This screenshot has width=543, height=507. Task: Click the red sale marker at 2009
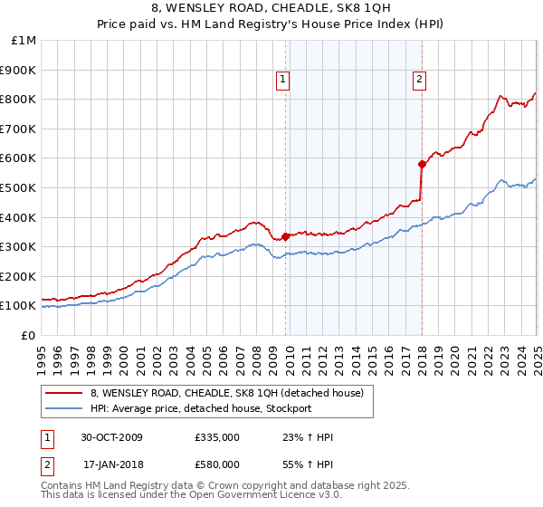[286, 236]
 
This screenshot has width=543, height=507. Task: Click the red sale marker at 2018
[422, 164]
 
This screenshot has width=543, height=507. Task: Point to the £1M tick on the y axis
[24, 40]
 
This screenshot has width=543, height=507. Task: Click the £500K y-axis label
[20, 187]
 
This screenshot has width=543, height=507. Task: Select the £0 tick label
[29, 335]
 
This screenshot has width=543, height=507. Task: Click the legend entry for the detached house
[226, 393]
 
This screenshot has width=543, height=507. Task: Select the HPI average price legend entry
[200, 408]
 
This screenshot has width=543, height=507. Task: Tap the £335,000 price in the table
[217, 437]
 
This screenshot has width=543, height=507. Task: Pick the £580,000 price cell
[217, 464]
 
